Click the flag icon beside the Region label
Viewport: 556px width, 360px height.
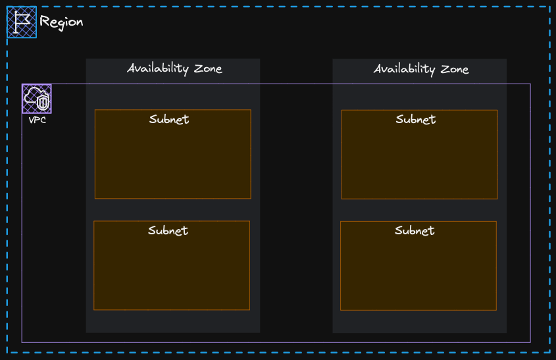point(22,22)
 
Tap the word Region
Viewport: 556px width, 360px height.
point(61,22)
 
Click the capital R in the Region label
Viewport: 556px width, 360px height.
point(44,21)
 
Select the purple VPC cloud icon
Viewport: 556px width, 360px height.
point(37,99)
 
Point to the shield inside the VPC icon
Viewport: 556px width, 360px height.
point(43,103)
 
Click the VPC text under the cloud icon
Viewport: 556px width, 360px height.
point(38,120)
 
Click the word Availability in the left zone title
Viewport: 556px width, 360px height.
point(158,68)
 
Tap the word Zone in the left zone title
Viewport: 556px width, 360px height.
point(208,68)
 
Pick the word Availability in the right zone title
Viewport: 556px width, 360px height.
point(405,69)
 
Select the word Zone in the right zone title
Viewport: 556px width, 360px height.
point(455,69)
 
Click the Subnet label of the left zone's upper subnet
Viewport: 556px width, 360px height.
point(169,119)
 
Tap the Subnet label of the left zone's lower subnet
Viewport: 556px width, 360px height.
point(168,230)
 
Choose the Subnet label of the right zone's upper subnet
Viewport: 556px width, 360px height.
point(416,120)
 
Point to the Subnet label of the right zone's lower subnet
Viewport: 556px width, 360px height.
point(415,231)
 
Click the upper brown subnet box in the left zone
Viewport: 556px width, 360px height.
point(172,154)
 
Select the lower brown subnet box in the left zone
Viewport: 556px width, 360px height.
point(172,265)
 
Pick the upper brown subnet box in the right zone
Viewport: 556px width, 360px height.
point(420,154)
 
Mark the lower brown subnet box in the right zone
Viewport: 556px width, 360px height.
point(418,266)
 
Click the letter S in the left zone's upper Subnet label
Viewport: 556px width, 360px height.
point(153,119)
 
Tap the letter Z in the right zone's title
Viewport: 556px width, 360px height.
point(445,69)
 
